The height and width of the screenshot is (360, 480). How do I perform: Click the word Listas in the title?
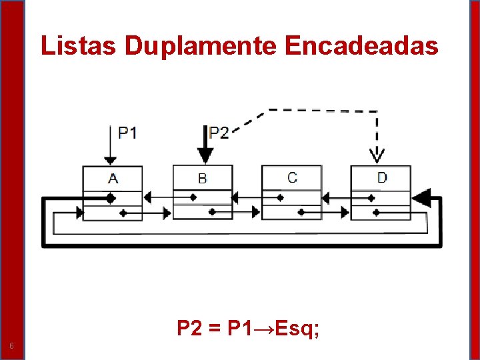(x=79, y=46)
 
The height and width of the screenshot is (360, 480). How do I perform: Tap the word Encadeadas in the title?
(x=361, y=46)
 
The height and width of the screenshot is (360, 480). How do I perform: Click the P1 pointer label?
(x=127, y=133)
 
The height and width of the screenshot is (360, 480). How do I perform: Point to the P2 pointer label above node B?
(x=219, y=133)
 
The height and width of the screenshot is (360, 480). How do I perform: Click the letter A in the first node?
(x=113, y=178)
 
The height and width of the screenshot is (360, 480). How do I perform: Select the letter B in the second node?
(x=203, y=179)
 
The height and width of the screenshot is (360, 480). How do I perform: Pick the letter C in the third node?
(x=292, y=178)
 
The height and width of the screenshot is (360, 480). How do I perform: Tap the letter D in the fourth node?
(x=382, y=178)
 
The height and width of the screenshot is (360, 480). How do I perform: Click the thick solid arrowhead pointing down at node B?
(x=206, y=155)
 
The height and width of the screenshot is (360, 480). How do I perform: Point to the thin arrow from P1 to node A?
(x=109, y=143)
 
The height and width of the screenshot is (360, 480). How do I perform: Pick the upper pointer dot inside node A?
(x=109, y=198)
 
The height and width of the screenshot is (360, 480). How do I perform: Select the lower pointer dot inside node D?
(x=377, y=213)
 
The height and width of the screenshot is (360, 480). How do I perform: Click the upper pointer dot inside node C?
(x=281, y=197)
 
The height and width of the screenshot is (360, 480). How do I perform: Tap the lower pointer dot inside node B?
(x=212, y=213)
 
